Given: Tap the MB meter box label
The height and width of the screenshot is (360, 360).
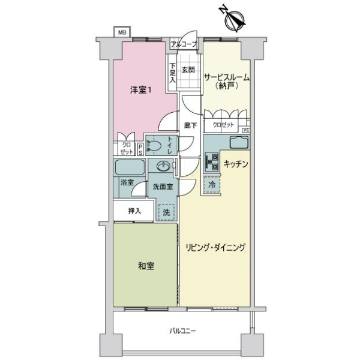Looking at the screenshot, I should pos(122,32).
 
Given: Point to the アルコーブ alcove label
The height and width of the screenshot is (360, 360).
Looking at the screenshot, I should pos(183,44).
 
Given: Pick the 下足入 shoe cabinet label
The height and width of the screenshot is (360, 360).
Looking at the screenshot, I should pos(172,72).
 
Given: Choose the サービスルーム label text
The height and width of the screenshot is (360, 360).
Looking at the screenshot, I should pos(227,78).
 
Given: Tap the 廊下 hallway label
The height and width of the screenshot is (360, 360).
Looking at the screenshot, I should pos(190,125).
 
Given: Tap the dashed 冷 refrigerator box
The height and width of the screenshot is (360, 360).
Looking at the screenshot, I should pos(211,186).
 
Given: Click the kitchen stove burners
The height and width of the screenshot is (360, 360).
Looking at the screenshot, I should pos(211,161).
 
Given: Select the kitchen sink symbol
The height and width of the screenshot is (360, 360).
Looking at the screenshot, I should pos(238,144).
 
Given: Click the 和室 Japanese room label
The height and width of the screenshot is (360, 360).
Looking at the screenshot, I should pos(146,265).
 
